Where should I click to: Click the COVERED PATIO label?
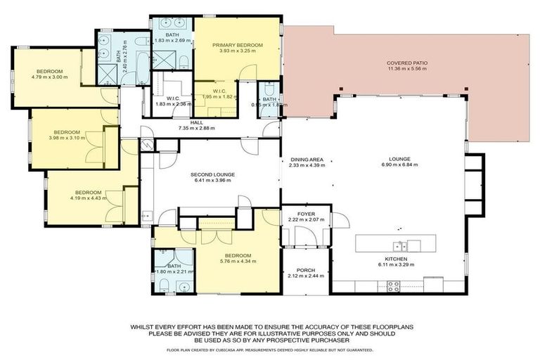pyautogui.click(x=406, y=63)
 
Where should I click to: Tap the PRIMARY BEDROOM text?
pyautogui.click(x=238, y=45)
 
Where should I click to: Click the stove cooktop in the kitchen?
pyautogui.click(x=394, y=286)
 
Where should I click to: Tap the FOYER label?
pyautogui.click(x=306, y=213)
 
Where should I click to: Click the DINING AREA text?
pyautogui.click(x=306, y=159)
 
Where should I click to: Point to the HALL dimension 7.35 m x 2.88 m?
pyautogui.click(x=196, y=129)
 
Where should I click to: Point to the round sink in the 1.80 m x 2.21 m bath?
pyautogui.click(x=184, y=286)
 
